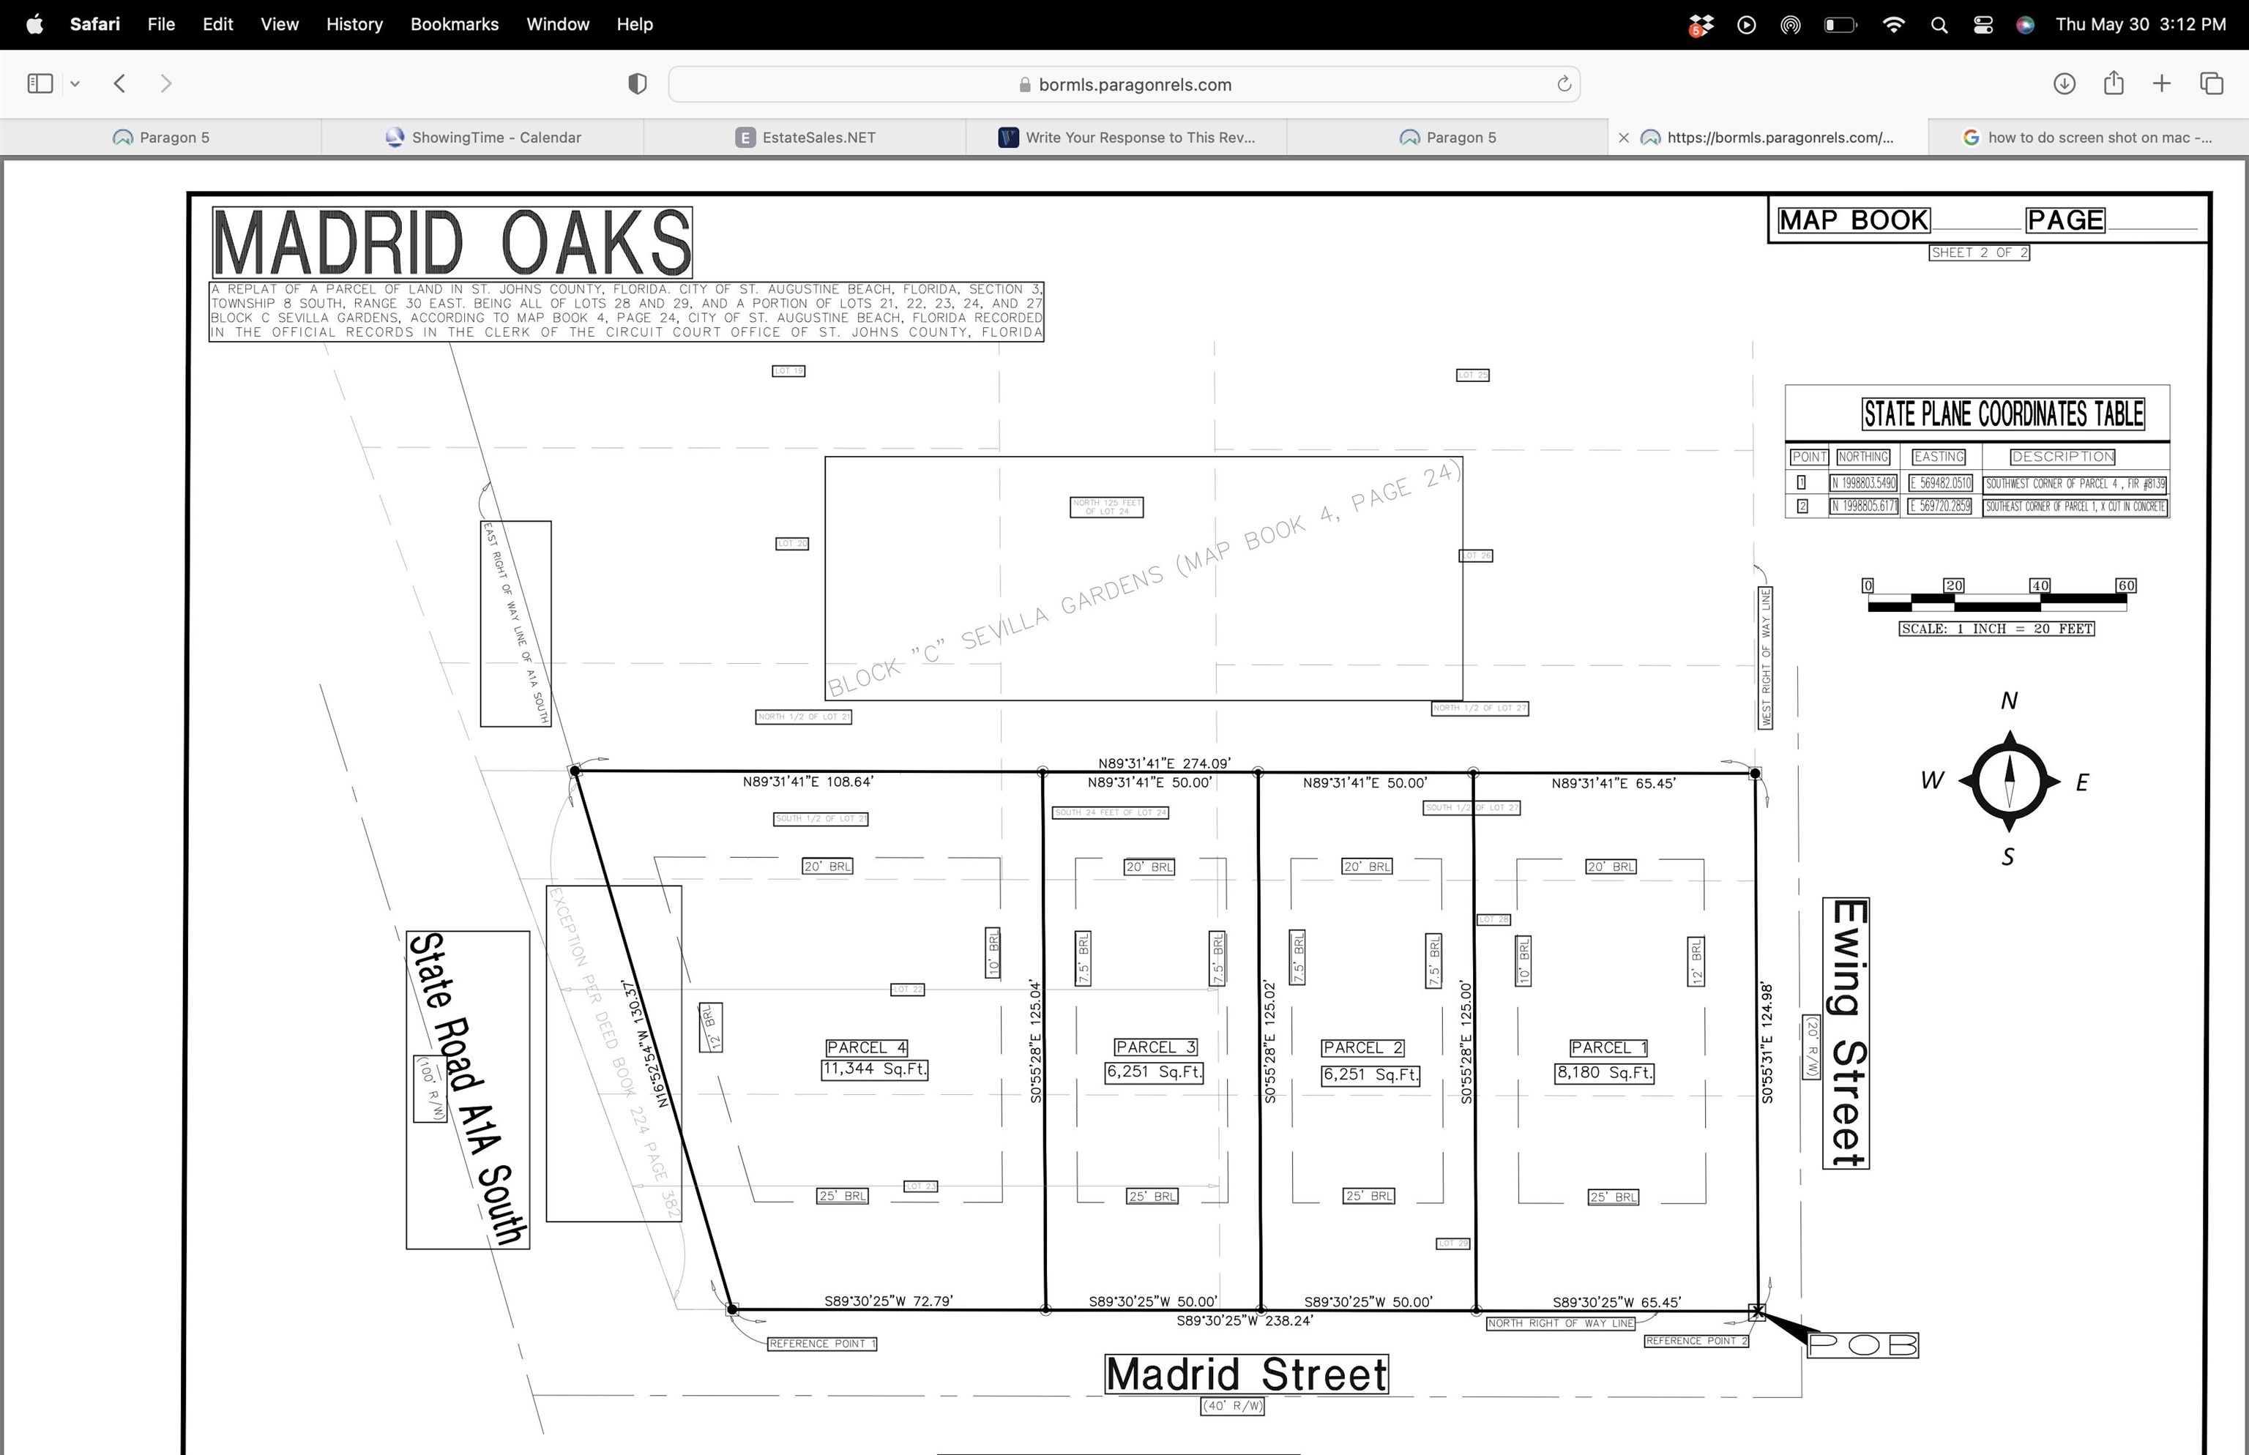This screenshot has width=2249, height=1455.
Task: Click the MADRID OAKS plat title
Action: click(x=452, y=243)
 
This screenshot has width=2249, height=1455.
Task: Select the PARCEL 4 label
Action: click(x=865, y=1047)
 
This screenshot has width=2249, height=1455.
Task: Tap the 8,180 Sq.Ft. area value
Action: click(x=1603, y=1073)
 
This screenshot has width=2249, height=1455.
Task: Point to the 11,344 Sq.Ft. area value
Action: click(x=874, y=1069)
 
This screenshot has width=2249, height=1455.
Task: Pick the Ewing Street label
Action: click(x=1846, y=1033)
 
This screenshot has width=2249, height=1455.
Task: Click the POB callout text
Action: click(x=1862, y=1344)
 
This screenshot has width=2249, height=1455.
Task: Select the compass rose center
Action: click(x=2009, y=782)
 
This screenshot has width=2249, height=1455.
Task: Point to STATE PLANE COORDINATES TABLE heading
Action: click(x=2002, y=414)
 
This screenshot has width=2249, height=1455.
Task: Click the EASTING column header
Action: click(x=1938, y=457)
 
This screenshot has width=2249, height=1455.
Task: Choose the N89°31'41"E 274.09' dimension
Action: click(x=1164, y=763)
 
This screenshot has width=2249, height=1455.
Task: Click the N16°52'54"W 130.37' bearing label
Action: click(x=646, y=1043)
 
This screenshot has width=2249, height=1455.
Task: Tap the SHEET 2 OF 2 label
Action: click(x=1979, y=253)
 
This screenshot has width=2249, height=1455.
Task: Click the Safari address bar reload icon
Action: click(x=1564, y=84)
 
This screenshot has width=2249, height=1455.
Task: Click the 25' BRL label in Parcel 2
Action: click(x=1368, y=1196)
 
